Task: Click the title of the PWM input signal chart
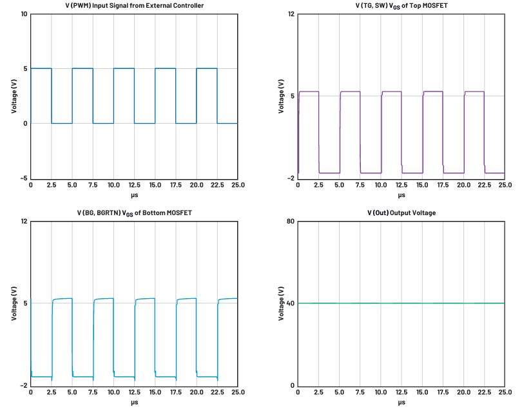point(135,6)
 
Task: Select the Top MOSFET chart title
point(401,6)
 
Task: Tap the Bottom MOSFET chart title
point(135,213)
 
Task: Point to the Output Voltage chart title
point(401,213)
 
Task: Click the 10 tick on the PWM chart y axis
point(24,14)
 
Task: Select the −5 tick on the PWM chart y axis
point(24,178)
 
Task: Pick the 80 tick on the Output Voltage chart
point(291,222)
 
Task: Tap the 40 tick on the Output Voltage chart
point(291,303)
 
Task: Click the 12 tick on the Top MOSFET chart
point(291,14)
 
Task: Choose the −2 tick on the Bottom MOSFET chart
point(24,386)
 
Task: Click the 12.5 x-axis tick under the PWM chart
point(135,185)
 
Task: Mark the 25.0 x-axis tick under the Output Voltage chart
point(505,392)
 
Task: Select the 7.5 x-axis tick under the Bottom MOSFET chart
point(93,392)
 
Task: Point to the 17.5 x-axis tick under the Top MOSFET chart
point(443,185)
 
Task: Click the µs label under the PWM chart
point(135,195)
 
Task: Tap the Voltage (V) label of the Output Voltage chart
point(282,303)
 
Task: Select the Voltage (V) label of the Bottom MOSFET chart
point(14,303)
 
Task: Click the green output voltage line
point(401,303)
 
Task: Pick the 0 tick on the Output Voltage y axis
point(293,386)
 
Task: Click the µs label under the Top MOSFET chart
point(401,195)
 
